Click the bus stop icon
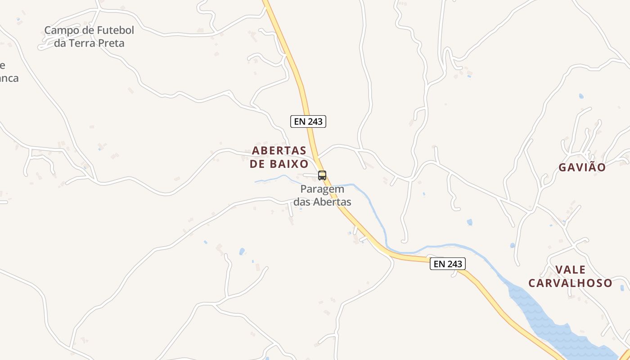[322, 175]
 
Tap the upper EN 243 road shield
[308, 121]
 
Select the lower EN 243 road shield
[447, 264]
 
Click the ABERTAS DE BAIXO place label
[279, 157]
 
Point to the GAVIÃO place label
[582, 167]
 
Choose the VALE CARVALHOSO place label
[570, 276]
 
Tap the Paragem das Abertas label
[322, 196]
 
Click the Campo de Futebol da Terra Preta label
[89, 37]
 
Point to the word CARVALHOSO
[570, 283]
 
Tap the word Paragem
[322, 189]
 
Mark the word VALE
[570, 270]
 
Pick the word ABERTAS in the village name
[279, 150]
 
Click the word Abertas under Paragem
[332, 202]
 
